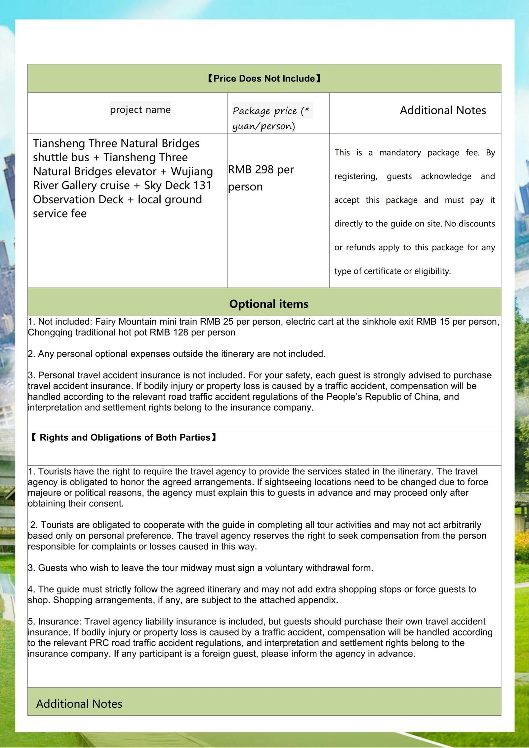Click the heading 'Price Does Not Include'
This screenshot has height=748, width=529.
coord(264,79)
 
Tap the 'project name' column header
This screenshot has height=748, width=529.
coord(140,109)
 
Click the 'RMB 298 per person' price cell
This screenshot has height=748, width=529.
coord(261,178)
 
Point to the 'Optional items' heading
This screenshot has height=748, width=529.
coord(268,304)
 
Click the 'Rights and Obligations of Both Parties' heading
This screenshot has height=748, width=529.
coord(125,438)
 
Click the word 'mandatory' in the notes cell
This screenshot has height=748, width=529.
coord(400,153)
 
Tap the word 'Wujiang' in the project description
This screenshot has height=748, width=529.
coord(192,172)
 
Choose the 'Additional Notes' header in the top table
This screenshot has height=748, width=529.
coord(443,110)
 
